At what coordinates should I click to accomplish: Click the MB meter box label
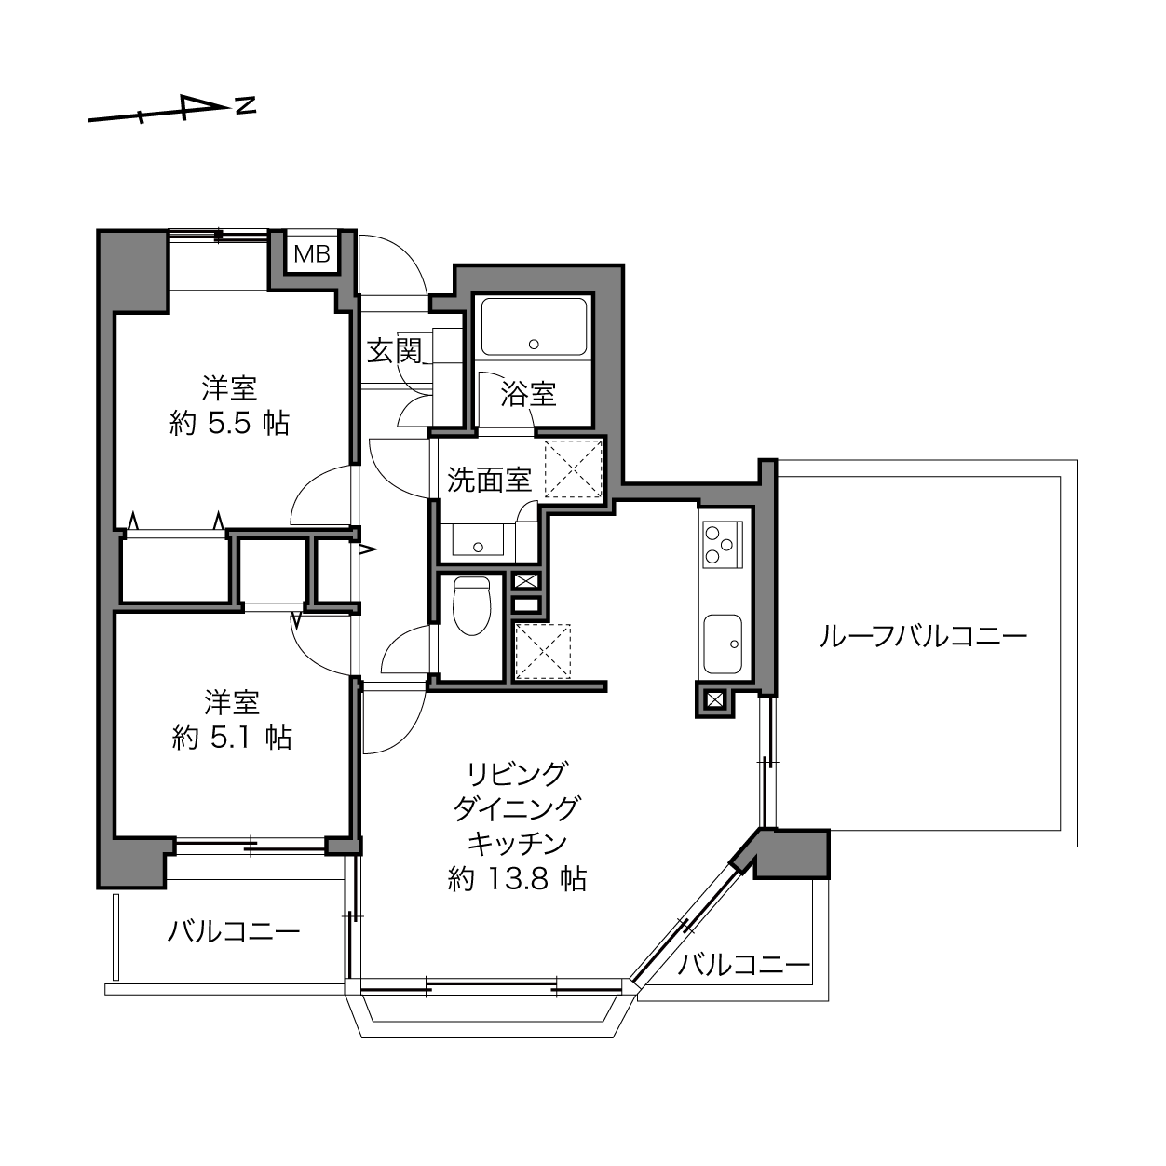coord(312,254)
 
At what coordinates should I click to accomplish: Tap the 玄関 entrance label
coord(394,350)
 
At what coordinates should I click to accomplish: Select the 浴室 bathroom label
coord(528,395)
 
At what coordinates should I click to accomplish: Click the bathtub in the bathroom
coord(534,326)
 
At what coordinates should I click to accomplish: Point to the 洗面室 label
coord(489,480)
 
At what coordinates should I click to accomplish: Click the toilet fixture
coord(471,605)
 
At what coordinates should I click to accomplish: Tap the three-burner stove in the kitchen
coord(722,545)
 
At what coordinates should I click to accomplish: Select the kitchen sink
coord(723,644)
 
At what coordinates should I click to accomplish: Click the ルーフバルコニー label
coord(923,637)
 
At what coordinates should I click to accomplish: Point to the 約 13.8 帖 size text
coord(517,879)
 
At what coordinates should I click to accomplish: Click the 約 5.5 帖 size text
coord(229,423)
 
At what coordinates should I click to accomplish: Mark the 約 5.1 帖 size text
coord(232,738)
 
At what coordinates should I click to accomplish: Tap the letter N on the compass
coord(245,105)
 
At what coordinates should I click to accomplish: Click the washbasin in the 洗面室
coord(478,540)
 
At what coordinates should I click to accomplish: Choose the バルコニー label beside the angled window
coord(743,965)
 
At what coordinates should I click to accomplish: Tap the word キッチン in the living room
coord(518,844)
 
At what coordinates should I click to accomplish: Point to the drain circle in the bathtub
coord(534,345)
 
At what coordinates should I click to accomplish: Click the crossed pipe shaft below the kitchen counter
coord(714,700)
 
